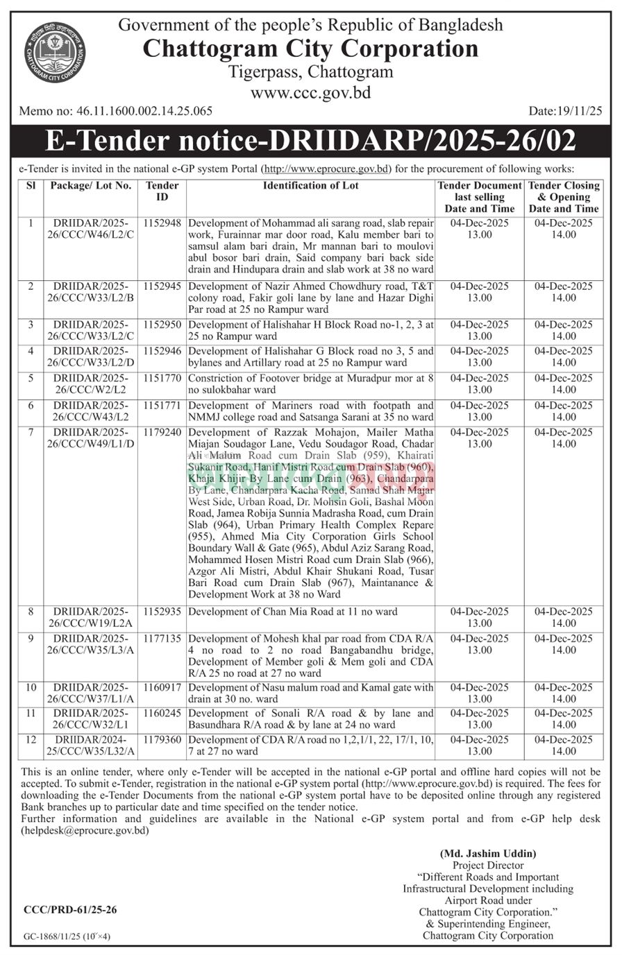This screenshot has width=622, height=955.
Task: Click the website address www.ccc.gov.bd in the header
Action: click(x=310, y=92)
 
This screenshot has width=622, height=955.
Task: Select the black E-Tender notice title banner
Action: click(x=310, y=141)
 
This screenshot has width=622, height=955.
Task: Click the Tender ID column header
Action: click(x=162, y=191)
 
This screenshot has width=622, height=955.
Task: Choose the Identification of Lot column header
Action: click(x=310, y=186)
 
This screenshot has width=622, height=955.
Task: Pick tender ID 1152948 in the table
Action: click(x=162, y=223)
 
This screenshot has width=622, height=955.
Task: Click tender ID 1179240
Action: click(x=162, y=432)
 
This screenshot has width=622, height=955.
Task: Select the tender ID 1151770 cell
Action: click(x=162, y=378)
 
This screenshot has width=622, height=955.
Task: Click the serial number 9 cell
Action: click(x=31, y=639)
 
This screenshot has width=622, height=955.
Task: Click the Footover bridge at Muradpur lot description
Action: click(x=310, y=384)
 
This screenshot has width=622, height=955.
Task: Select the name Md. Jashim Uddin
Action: click(x=488, y=854)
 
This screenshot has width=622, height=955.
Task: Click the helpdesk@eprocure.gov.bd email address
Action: click(x=84, y=830)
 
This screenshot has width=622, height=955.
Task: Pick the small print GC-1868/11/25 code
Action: click(x=67, y=936)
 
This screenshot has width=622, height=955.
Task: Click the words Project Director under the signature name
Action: click(x=488, y=866)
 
